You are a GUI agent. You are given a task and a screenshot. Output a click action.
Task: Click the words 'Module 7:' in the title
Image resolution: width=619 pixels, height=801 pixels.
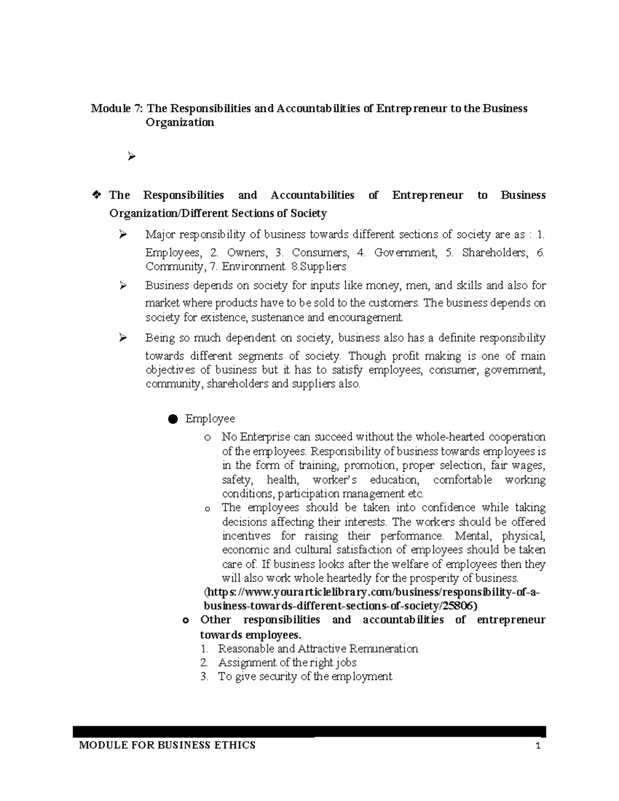pos(117,109)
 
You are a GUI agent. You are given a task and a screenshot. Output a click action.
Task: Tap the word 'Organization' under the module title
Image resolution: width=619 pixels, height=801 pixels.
pos(180,123)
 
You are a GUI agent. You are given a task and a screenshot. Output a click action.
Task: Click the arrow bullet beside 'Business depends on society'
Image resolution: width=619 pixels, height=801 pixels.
pos(123,285)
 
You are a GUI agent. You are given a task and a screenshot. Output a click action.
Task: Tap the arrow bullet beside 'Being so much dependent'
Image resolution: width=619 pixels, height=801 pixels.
pos(123,338)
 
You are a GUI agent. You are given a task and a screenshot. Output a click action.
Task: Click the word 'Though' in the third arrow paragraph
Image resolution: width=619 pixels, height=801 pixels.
pos(366,356)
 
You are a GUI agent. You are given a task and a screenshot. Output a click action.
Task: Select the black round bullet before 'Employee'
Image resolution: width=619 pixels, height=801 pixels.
pos(172,419)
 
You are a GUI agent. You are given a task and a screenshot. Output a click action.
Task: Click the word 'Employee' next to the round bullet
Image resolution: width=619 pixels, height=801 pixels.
pos(210,419)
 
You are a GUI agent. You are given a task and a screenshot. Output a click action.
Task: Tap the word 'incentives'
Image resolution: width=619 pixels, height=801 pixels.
pos(246,536)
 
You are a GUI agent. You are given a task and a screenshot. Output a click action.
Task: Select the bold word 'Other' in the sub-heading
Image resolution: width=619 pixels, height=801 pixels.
pos(216,620)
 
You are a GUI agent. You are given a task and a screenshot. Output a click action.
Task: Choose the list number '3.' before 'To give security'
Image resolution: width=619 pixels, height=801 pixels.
pos(204,677)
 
